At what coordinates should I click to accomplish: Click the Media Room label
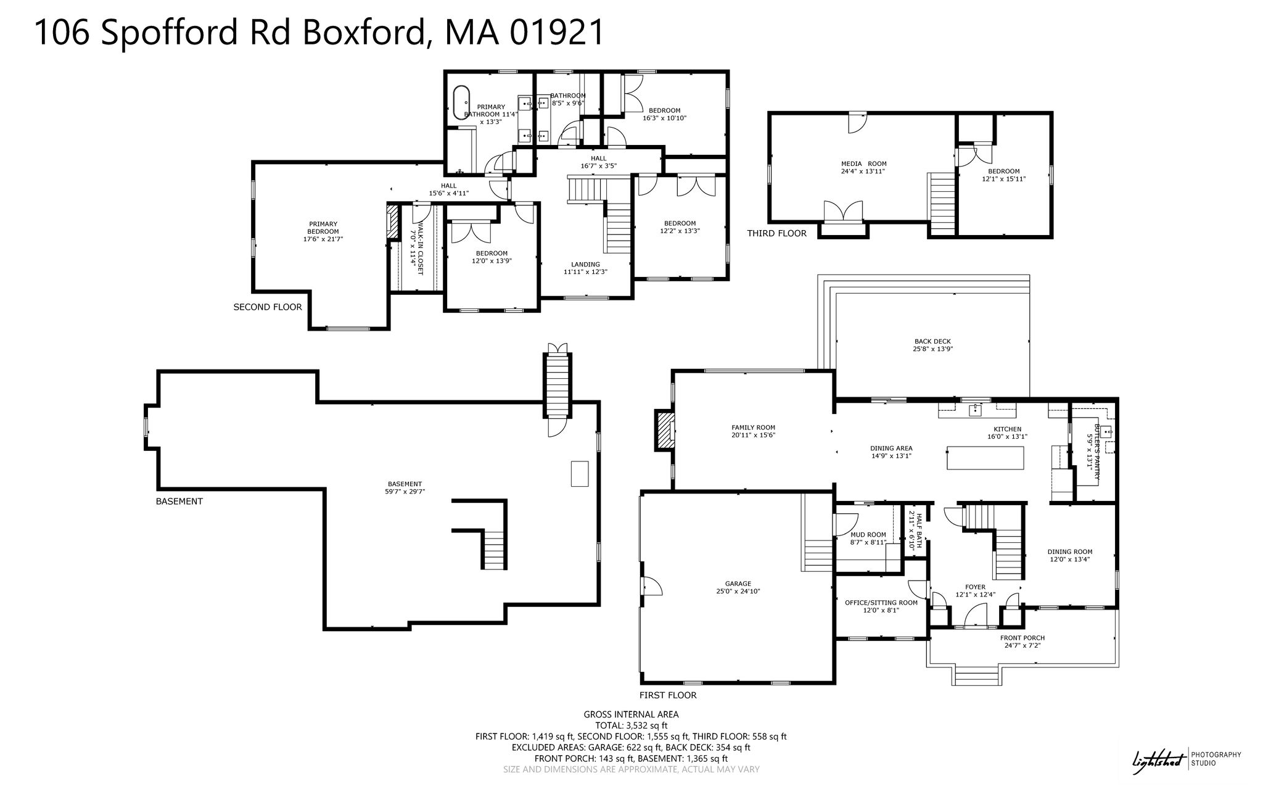(863, 167)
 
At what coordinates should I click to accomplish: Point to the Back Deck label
(932, 345)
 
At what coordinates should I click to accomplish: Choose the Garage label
(738, 587)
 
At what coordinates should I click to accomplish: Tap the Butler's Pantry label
(1093, 452)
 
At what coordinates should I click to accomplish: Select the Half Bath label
(915, 532)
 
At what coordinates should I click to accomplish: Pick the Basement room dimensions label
(405, 492)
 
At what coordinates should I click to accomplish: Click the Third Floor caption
(776, 233)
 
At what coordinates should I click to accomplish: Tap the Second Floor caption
(268, 307)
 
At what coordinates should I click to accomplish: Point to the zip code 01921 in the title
(557, 32)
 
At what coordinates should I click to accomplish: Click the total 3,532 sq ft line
(631, 725)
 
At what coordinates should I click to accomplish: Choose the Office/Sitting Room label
(881, 606)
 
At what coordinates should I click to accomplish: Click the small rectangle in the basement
(580, 474)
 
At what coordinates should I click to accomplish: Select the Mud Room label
(868, 539)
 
